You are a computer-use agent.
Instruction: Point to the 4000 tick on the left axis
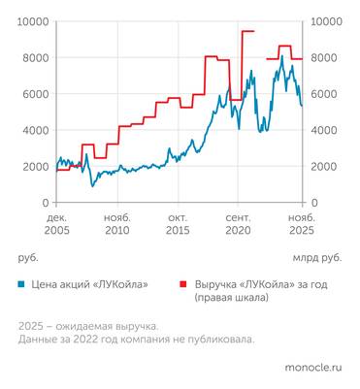pyautogui.click(x=35, y=130)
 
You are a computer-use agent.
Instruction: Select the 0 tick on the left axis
pyautogui.click(x=46, y=202)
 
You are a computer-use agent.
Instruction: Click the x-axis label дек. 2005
pyautogui.click(x=57, y=225)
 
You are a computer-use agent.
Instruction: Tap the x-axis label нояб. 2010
pyautogui.click(x=117, y=225)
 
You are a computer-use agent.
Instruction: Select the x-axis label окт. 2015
pyautogui.click(x=178, y=225)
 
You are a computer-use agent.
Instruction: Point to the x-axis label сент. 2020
pyautogui.click(x=238, y=225)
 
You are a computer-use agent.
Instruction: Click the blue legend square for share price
pyautogui.click(x=21, y=284)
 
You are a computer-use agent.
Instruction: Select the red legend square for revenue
pyautogui.click(x=181, y=284)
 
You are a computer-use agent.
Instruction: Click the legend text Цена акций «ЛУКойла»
pyautogui.click(x=88, y=284)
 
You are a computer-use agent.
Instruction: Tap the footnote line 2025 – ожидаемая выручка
pyautogui.click(x=87, y=326)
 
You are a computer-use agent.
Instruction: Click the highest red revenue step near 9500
pyautogui.click(x=247, y=31)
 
